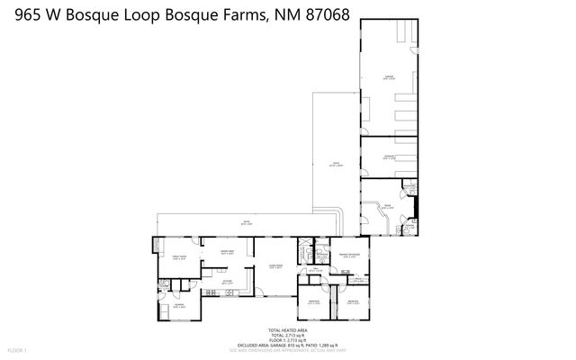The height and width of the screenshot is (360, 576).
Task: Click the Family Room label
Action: [x=178, y=257]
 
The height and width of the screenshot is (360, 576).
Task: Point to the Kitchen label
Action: [x=228, y=284]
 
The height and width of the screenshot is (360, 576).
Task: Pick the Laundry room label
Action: [x=178, y=307]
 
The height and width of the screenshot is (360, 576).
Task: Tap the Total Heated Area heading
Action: [x=286, y=330]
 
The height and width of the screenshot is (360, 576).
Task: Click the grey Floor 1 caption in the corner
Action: [x=18, y=348]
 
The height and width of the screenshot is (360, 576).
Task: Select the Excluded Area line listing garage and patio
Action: [x=286, y=345]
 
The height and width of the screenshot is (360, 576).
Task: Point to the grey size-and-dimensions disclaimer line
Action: [x=286, y=349]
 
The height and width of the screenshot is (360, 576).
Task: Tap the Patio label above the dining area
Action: [x=243, y=222]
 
